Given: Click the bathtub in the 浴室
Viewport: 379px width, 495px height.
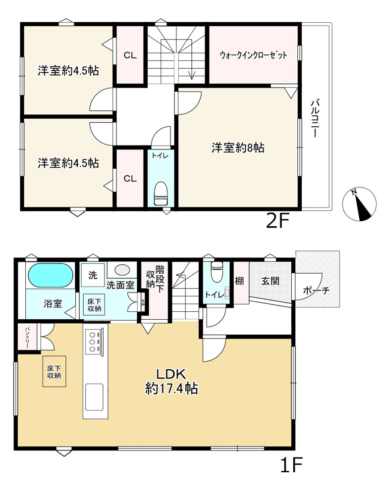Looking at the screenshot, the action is [x=51, y=275].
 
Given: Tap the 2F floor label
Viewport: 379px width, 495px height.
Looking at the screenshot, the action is [x=278, y=221].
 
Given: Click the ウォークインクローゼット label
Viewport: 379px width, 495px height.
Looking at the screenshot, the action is [x=253, y=55].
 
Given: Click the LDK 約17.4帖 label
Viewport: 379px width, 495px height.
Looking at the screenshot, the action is [x=171, y=381].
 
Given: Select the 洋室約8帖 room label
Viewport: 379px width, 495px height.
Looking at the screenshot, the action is [x=238, y=148].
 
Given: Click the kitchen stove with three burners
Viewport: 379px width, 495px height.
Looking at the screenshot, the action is [x=93, y=341].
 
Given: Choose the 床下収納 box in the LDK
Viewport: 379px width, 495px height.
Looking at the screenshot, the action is [x=54, y=372].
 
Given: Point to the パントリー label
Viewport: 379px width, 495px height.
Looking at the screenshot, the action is [x=27, y=338].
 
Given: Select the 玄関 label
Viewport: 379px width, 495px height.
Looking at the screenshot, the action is [x=271, y=281].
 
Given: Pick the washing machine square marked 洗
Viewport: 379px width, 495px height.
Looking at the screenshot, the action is [x=93, y=275].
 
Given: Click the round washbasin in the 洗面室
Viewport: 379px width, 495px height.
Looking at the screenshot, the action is [x=121, y=270].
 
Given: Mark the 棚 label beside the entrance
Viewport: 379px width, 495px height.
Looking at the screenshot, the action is [x=239, y=281].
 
